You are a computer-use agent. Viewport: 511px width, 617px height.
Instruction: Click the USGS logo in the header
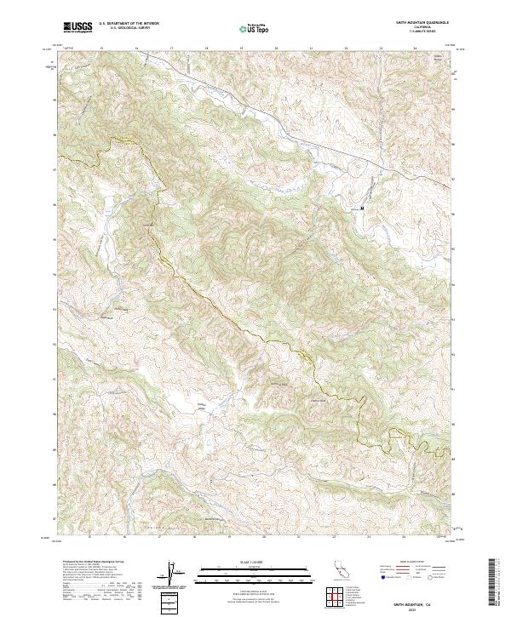click(x=78, y=27)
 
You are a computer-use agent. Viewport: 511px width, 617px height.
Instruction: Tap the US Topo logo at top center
click(x=253, y=27)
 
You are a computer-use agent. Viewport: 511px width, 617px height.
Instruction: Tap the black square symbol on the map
click(x=363, y=207)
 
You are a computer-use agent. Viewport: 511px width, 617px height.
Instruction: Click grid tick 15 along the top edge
click(x=101, y=49)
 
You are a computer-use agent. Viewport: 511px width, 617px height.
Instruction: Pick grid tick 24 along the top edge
click(x=415, y=49)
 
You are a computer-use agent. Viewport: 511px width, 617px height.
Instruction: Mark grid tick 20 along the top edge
click(x=276, y=49)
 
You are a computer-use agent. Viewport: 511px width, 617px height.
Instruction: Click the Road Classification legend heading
click(x=412, y=562)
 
